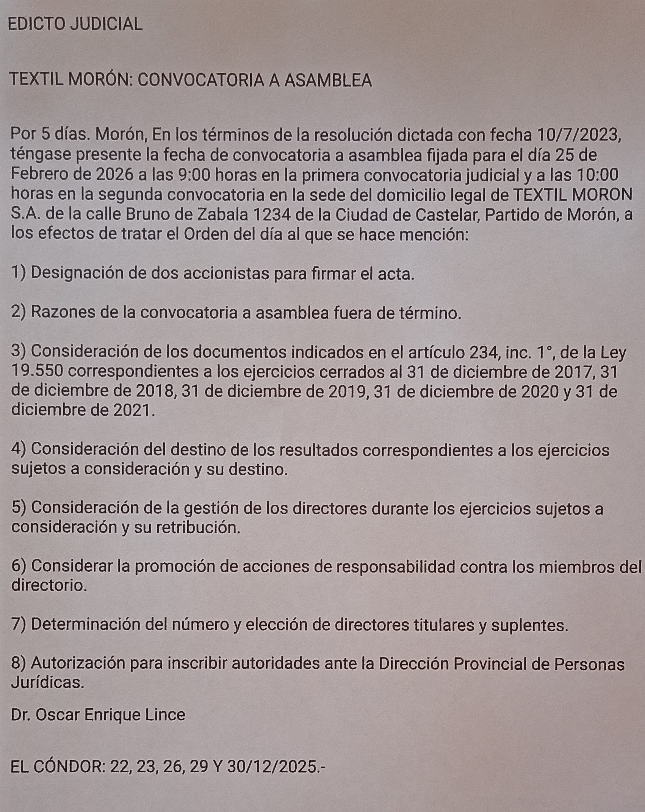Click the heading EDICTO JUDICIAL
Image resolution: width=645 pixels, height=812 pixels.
click(x=75, y=24)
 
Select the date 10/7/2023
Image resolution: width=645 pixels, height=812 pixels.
click(x=579, y=135)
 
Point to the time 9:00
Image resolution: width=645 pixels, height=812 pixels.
click(x=191, y=175)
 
